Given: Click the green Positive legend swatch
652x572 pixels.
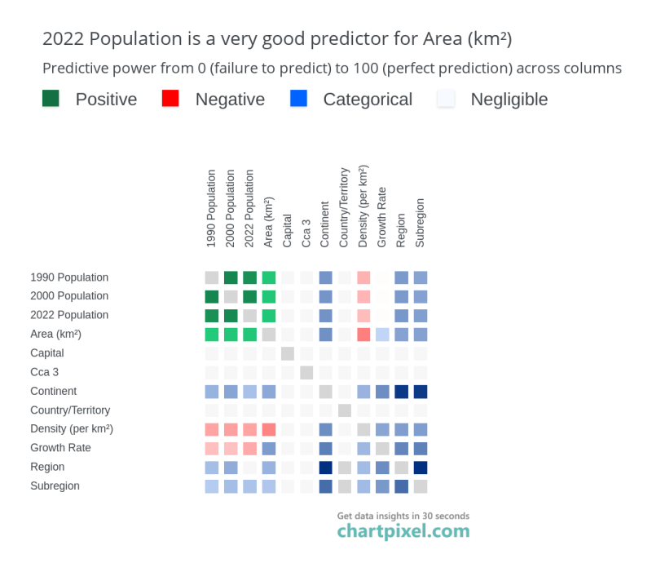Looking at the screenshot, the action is (51, 99).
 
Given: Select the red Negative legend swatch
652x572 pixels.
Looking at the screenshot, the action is (170, 99).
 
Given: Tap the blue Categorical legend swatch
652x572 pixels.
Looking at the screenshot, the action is (298, 99).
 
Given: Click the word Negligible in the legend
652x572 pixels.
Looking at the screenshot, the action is (509, 100).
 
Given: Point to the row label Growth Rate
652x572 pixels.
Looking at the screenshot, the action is (60, 447).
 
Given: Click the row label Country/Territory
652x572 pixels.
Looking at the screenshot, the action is (70, 410).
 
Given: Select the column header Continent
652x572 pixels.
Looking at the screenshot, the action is (324, 224).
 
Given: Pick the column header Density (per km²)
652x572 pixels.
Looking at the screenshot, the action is (363, 206).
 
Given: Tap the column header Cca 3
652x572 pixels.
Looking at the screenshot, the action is (306, 233).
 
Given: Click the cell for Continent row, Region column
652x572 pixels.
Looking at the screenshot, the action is (401, 392).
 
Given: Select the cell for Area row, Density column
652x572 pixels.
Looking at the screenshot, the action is (363, 335).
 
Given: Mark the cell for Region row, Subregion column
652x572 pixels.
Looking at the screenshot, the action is (421, 468).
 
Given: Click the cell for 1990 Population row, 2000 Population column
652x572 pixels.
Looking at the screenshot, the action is (231, 277).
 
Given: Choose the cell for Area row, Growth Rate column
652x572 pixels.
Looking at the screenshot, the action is (382, 335).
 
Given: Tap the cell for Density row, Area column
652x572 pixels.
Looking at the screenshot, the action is (269, 430).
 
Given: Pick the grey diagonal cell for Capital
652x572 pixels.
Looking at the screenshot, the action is (288, 354).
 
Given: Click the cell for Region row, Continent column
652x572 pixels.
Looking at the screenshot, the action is (325, 468).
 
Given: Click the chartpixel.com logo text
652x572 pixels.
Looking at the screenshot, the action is (403, 531).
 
